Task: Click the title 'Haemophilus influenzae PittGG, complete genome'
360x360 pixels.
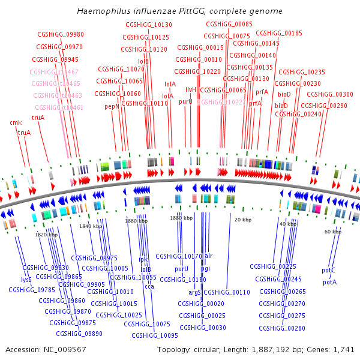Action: pyautogui.click(x=180, y=11)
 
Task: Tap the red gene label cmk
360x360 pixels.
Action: pyautogui.click(x=16, y=122)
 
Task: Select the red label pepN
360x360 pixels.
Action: pyautogui.click(x=112, y=106)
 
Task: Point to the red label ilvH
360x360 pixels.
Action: pyautogui.click(x=191, y=89)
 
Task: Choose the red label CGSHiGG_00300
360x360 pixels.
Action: pyautogui.click(x=330, y=94)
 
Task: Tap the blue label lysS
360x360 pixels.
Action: pyautogui.click(x=26, y=280)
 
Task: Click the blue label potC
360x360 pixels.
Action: pyautogui.click(x=329, y=271)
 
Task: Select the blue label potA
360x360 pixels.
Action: pyautogui.click(x=329, y=282)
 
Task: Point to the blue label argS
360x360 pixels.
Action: pyautogui.click(x=194, y=292)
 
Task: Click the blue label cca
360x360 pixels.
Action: pyautogui.click(x=149, y=287)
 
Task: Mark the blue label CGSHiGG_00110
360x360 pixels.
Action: pyautogui.click(x=226, y=292)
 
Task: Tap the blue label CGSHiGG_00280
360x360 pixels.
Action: pyautogui.click(x=283, y=328)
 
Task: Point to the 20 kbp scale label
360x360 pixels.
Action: pyautogui.click(x=242, y=220)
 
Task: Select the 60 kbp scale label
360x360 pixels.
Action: pyautogui.click(x=332, y=231)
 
